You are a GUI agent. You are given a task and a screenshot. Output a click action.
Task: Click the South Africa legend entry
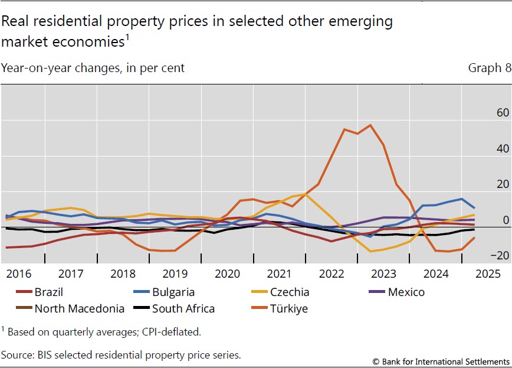[x=183, y=308]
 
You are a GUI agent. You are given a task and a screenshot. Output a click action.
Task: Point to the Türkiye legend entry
[x=289, y=308]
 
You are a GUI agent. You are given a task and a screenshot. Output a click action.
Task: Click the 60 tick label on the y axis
[x=487, y=112]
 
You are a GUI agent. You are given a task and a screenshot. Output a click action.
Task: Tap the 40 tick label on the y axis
[x=487, y=148]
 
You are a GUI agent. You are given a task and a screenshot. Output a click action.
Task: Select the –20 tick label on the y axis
[x=484, y=255]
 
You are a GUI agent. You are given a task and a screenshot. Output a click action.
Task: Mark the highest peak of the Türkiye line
[x=370, y=125]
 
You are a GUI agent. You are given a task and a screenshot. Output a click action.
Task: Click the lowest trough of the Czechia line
[x=370, y=252]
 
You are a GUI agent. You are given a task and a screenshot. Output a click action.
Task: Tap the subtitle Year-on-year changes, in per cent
[x=93, y=68]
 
